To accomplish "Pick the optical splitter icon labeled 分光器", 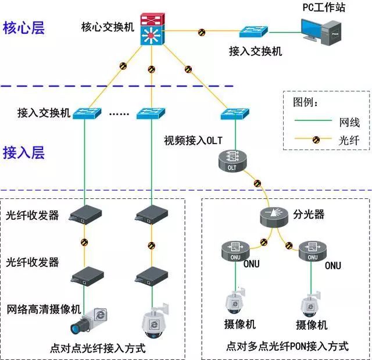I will tap(275, 216).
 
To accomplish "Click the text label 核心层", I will tap(24, 28).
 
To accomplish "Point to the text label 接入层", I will tap(24, 153).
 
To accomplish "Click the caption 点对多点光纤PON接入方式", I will tap(287, 347).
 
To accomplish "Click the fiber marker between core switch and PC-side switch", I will tap(202, 31).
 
